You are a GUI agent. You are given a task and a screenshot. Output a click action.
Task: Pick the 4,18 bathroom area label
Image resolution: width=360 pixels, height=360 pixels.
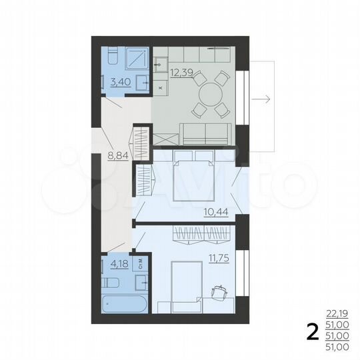[120, 263]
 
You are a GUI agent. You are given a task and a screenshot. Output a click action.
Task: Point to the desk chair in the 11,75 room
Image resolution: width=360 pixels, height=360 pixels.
[219, 292]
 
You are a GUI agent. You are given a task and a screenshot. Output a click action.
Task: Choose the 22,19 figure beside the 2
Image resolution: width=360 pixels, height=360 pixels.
[337, 313]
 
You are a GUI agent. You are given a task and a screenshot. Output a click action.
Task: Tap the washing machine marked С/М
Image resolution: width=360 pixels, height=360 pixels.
[141, 263]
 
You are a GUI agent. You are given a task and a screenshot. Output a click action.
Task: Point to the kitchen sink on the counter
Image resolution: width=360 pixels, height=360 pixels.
[163, 65]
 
